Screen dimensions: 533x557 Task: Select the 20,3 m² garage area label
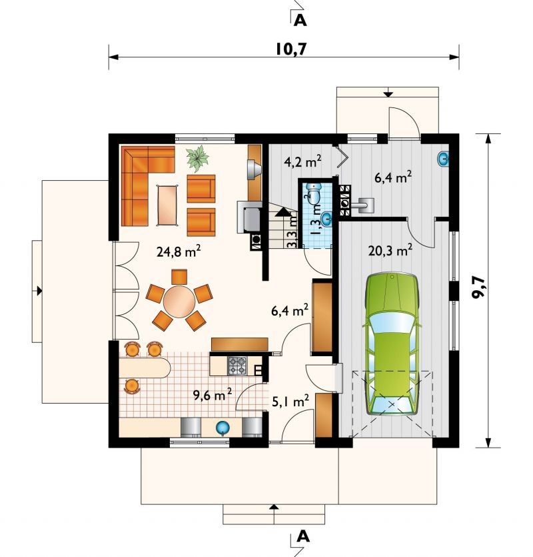[x=390, y=250]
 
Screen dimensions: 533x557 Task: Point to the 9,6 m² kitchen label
[x=213, y=394]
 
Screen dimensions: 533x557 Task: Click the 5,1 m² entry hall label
[x=290, y=401]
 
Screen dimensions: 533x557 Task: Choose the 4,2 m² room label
[x=302, y=161]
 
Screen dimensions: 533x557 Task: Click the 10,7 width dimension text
[x=290, y=49]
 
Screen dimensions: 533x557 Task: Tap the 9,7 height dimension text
[x=480, y=288]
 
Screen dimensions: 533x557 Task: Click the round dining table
[x=179, y=302]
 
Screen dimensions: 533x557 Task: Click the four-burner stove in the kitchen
[x=237, y=366]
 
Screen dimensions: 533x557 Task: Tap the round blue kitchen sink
[x=223, y=428]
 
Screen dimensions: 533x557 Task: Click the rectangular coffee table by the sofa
[x=167, y=205]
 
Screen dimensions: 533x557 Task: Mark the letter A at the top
[x=300, y=21]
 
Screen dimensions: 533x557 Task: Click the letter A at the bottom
[x=302, y=536]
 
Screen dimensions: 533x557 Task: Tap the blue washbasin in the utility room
[x=443, y=159]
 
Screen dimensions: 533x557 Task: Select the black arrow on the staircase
[x=282, y=212]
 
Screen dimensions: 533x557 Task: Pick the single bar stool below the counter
[x=131, y=386]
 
